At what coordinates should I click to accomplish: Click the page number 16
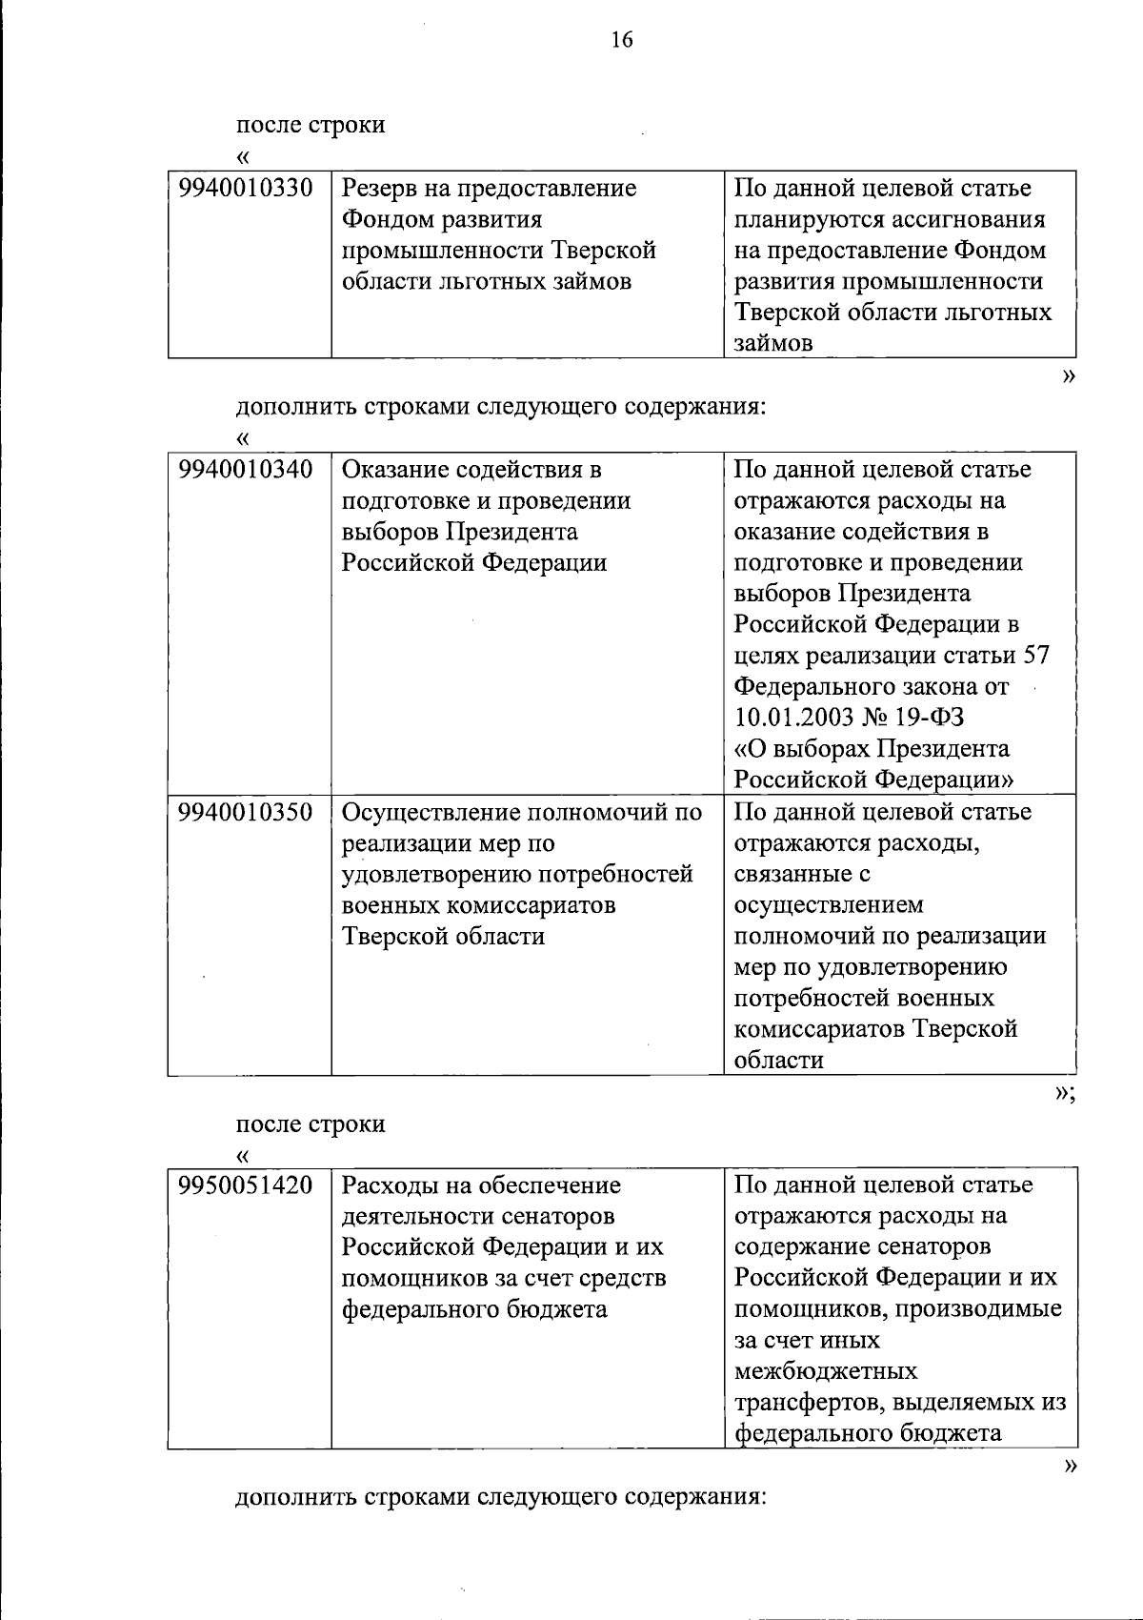click(621, 40)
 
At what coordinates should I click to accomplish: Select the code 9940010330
click(246, 189)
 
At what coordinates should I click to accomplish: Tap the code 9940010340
click(246, 470)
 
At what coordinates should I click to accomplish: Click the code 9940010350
click(246, 813)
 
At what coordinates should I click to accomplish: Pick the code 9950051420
click(246, 1185)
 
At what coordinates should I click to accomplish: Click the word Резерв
click(381, 189)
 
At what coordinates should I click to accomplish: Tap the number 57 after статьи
click(1034, 656)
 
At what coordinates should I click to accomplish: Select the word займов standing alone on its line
click(773, 344)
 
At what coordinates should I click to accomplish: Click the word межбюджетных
click(826, 1371)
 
